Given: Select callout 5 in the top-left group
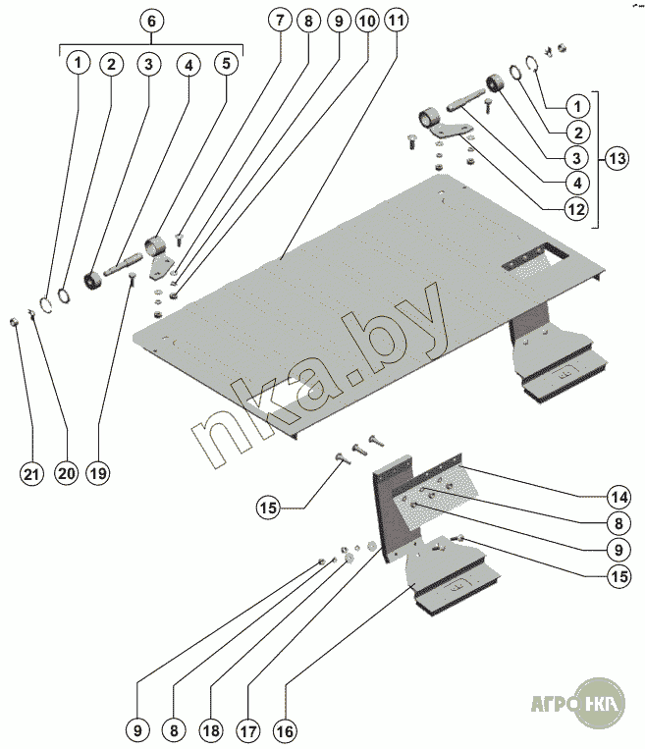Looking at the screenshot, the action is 226,64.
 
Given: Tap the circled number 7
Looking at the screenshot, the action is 281,22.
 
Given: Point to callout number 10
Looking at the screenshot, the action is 366,22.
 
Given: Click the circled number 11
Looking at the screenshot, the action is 396,22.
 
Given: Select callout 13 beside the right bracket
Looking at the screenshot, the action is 617,157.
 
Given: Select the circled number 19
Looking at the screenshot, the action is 97,473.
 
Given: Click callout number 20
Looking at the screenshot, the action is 65,473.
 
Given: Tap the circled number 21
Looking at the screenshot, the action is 32,473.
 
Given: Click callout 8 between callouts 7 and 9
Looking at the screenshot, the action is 309,22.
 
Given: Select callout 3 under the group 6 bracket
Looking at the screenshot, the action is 147,64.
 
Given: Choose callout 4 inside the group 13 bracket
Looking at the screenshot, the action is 577,182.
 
